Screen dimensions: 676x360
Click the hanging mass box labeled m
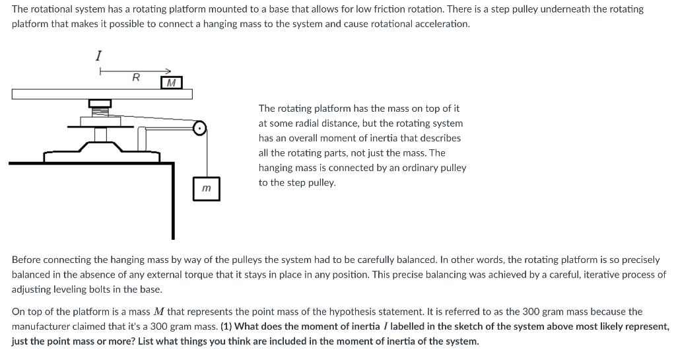206,189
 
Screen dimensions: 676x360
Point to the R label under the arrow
136,77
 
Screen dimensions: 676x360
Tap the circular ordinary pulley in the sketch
200,127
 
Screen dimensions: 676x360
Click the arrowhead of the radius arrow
168,71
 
